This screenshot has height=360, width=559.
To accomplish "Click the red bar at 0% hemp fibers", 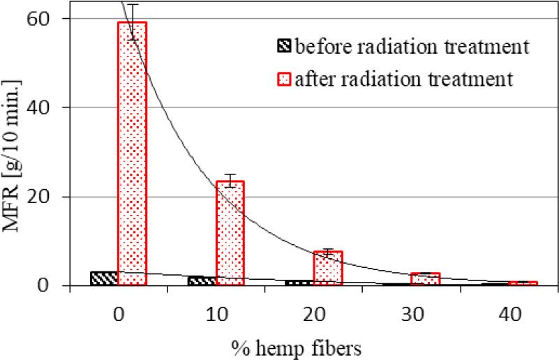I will (x=132, y=153).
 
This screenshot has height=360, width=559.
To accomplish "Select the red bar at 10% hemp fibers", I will (x=230, y=233).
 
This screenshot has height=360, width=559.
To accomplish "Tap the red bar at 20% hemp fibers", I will (x=327, y=268).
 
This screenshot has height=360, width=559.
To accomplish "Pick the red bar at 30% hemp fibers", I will (x=425, y=279).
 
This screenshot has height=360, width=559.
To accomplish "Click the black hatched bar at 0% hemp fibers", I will (x=104, y=278).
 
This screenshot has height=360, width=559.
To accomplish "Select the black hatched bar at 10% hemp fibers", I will (x=202, y=280).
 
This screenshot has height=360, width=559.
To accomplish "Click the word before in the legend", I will (x=319, y=47).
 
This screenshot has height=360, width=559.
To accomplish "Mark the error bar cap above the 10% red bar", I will (x=230, y=174).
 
